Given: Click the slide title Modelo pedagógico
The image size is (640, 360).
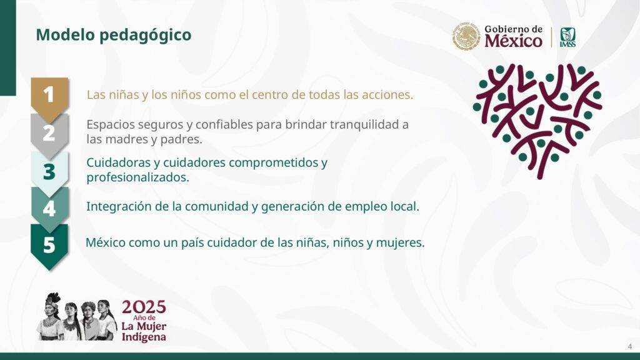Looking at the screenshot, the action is (114, 35).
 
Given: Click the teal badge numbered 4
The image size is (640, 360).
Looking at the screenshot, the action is (49, 209).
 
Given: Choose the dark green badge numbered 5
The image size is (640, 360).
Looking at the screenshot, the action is (49, 246).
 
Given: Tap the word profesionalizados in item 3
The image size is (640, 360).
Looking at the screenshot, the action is (137, 177).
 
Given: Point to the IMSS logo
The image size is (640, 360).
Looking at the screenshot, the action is (567, 37).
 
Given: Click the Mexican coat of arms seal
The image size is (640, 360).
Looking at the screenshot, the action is (466, 36).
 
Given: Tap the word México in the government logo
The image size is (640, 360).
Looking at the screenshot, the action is (514, 41).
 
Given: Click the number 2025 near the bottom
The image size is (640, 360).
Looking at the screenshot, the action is (144, 307).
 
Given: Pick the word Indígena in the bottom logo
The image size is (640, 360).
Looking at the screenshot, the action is (144, 337).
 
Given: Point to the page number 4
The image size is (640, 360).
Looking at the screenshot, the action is (630, 346).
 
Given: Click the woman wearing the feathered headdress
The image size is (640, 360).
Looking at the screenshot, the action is (51, 316).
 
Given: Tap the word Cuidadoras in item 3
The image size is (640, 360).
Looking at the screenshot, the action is (118, 163).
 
